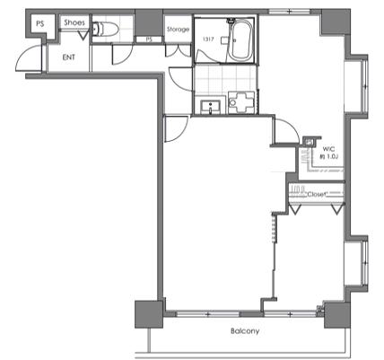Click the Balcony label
coord(245,331)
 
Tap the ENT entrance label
coord(69,57)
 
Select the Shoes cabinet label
coord(74,22)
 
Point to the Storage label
coord(178,30)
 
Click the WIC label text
coord(328,149)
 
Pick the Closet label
coord(316,195)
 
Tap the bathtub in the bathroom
coord(240,40)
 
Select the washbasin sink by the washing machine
coord(211,107)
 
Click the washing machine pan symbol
coord(242,102)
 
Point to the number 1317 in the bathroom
coord(208,39)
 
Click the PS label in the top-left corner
coord(39,23)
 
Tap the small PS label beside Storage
coord(149,40)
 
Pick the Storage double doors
coord(179,50)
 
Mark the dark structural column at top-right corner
coord(336,22)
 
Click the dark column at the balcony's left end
coord(149,314)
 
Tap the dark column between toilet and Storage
coord(149,22)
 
